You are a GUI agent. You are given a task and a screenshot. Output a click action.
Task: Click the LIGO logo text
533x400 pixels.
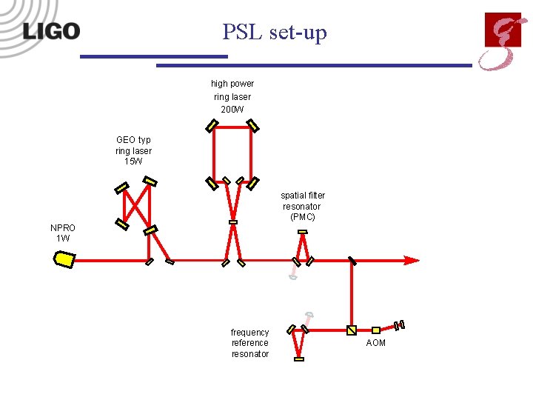coord(51,31)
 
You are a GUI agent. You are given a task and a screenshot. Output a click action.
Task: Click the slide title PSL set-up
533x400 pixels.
coord(274,33)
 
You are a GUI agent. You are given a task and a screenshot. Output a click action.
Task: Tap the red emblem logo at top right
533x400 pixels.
coord(503,41)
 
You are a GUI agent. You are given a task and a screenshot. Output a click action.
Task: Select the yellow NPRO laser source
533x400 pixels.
coord(64,259)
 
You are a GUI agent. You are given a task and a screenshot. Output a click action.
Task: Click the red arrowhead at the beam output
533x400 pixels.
coord(411,260)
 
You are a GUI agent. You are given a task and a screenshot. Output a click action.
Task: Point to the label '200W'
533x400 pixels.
coord(232,110)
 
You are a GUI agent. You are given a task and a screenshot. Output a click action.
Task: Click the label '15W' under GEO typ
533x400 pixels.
coord(133,161)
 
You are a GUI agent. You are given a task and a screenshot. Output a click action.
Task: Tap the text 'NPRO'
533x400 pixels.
coord(63,227)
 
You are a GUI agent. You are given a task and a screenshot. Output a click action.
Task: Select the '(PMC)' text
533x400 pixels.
coord(302,217)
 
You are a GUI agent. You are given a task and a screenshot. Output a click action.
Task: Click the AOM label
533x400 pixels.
coord(376,343)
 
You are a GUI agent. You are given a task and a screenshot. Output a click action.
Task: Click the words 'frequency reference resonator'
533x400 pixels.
coord(250,343)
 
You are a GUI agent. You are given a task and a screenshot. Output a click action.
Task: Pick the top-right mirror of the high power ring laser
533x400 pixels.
coord(252,126)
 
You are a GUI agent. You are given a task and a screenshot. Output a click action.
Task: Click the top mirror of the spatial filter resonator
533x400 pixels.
coord(302,232)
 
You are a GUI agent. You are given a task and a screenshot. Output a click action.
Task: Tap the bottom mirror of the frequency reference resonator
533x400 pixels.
coord(299,359)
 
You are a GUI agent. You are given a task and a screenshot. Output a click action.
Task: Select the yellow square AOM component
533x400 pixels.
coord(376,330)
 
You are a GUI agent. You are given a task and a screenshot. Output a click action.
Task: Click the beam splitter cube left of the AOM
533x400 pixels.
coord(352,330)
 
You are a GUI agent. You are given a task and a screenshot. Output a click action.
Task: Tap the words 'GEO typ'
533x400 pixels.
coord(133,139)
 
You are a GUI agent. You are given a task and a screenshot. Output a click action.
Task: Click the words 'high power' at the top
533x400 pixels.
coord(232,84)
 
